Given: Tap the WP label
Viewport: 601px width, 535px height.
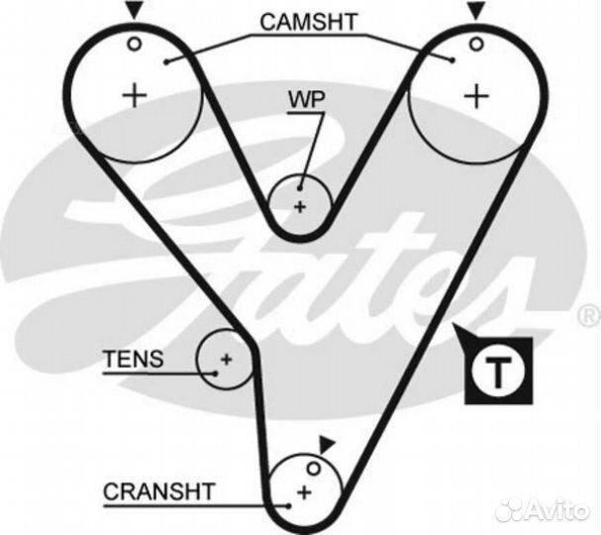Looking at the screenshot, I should tap(306, 100).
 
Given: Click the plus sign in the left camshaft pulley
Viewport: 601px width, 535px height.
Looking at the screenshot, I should tap(133, 95).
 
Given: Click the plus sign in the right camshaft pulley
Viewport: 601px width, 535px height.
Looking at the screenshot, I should tap(477, 95).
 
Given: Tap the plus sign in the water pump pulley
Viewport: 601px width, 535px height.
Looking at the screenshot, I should tap(300, 206).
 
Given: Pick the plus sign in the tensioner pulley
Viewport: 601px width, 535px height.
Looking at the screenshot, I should tap(226, 359).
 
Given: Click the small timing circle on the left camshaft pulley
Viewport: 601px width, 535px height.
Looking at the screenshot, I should tap(134, 44).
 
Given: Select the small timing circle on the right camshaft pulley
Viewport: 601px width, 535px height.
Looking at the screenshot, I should tap(476, 44).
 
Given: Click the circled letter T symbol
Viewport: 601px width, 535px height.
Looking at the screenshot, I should tap(499, 374).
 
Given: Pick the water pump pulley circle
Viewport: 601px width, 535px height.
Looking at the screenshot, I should tap(300, 202).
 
